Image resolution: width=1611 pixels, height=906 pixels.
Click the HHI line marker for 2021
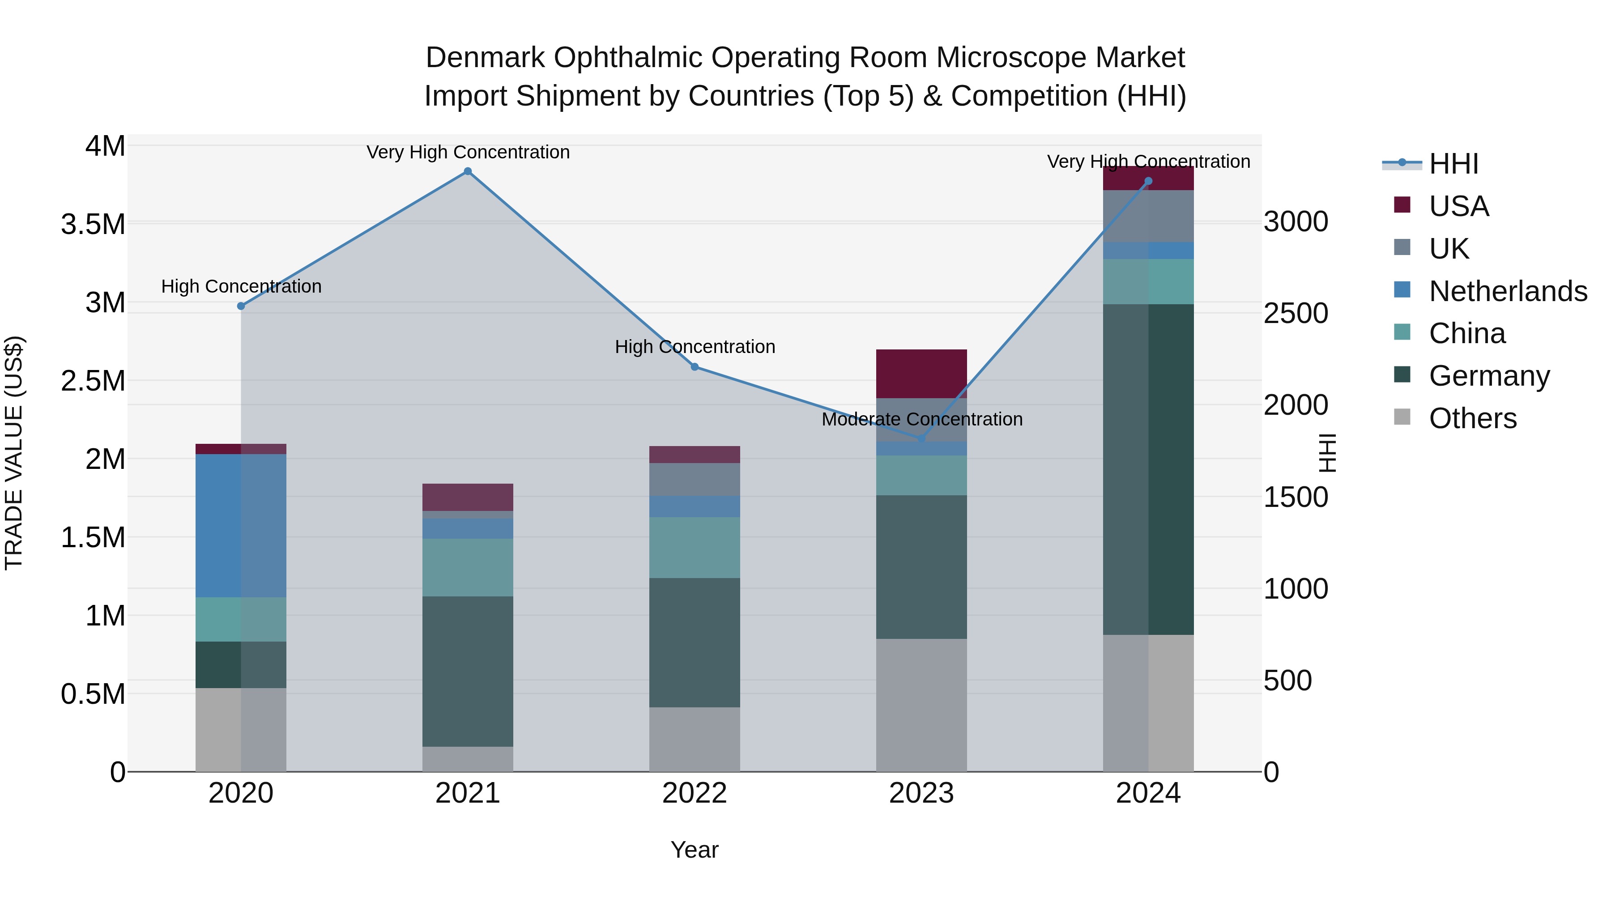point(467,171)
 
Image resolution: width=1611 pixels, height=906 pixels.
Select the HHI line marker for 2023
point(921,439)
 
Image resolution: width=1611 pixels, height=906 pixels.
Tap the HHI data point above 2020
point(241,306)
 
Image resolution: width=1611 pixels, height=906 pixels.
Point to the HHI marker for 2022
point(694,367)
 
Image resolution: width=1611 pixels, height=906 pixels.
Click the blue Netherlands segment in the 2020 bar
point(241,525)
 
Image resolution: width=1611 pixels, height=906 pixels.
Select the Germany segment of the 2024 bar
point(1148,469)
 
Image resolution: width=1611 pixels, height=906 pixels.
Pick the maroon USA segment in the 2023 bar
point(921,373)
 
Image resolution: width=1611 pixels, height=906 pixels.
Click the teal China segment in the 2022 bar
point(694,547)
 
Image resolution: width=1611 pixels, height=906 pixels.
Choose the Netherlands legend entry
point(1508,291)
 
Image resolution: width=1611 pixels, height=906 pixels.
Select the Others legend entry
point(1473,418)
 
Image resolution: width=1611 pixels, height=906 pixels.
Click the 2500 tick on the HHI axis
point(1296,313)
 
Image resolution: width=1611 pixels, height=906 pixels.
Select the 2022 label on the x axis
point(694,793)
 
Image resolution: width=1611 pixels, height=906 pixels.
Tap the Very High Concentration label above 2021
point(468,152)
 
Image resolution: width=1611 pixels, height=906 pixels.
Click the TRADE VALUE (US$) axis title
point(14,453)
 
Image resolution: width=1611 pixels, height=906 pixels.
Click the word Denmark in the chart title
point(485,58)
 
